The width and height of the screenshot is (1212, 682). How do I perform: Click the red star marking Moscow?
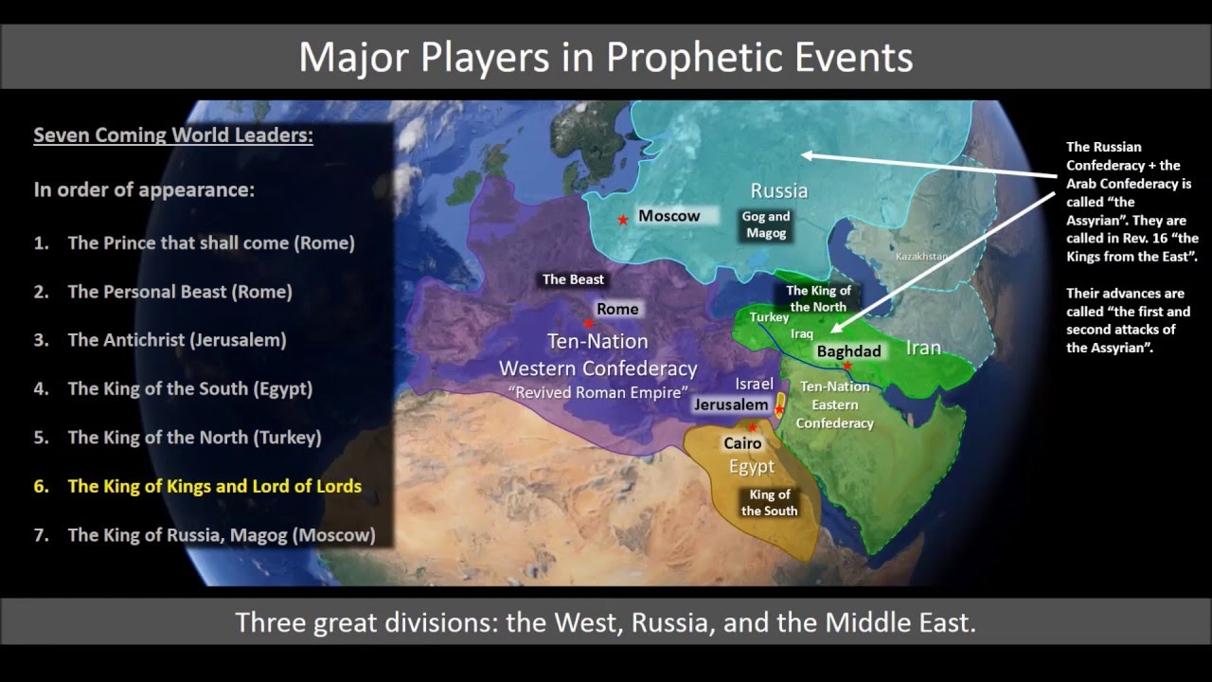pos(622,220)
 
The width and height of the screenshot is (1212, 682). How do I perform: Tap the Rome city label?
pos(616,309)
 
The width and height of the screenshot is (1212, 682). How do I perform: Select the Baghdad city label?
pos(848,351)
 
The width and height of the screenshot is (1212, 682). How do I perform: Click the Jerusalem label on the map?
pos(730,404)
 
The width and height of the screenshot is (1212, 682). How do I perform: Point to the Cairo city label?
pos(742,442)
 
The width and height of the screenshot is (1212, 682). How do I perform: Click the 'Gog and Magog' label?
pos(765,224)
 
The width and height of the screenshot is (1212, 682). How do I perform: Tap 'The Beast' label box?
pos(573,279)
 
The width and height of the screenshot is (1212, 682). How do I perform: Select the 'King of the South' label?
pos(769,503)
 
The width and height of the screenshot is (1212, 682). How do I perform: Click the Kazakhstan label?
pos(920,256)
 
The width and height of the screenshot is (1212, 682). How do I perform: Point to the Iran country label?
pos(923,348)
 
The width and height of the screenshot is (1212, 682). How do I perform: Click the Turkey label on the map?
pos(769,317)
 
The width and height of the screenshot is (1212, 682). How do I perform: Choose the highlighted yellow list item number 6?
pos(214,486)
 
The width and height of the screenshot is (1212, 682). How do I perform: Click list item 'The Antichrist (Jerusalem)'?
pos(176,339)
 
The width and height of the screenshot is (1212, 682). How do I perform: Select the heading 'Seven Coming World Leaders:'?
pos(173,135)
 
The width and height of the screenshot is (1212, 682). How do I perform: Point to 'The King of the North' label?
pos(818,298)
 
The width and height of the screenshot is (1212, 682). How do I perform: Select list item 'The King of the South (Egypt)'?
pos(189,388)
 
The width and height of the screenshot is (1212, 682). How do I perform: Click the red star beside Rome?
pos(589,323)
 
